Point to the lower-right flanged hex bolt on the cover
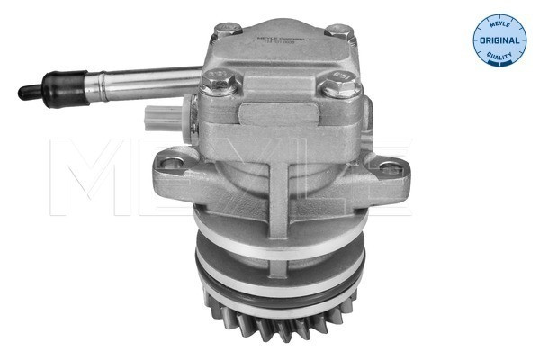click(x=337, y=86)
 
